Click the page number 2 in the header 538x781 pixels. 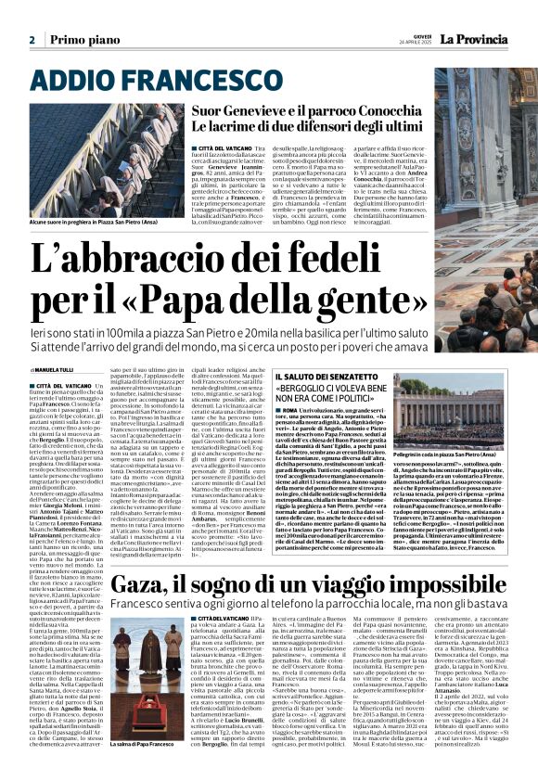pyautogui.click(x=32, y=40)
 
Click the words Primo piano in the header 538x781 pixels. pyautogui.click(x=76, y=40)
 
